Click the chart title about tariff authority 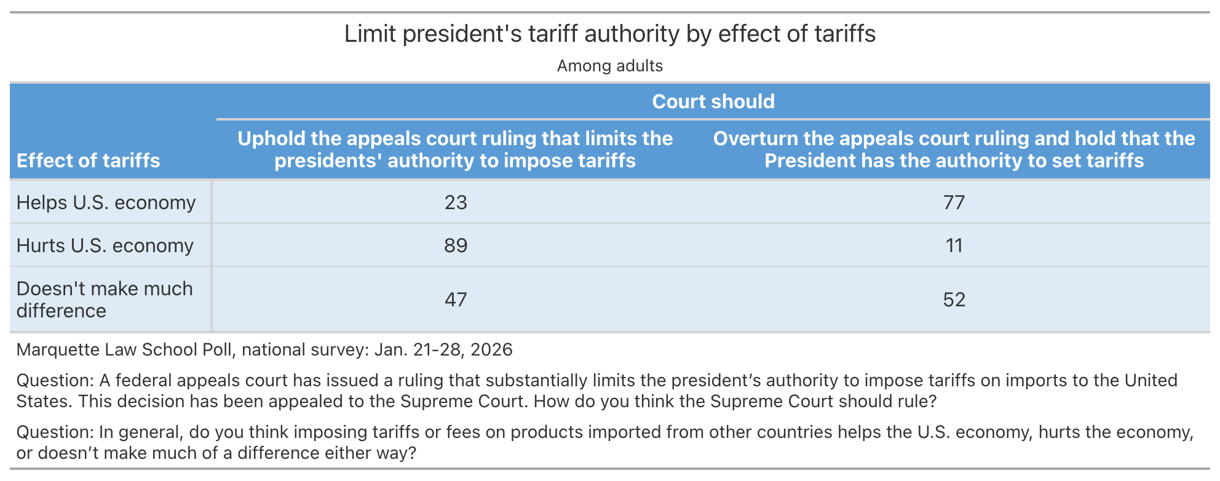(609, 34)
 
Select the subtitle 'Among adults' (609, 66)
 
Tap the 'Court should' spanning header (713, 101)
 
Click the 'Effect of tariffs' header (88, 161)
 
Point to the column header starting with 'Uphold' (455, 149)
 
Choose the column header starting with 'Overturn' (954, 149)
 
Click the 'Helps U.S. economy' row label (106, 202)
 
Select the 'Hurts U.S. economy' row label (105, 245)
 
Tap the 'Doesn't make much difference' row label (105, 300)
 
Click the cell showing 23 (456, 202)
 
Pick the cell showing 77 (954, 202)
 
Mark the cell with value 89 (456, 245)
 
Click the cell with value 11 (954, 245)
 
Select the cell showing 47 (456, 300)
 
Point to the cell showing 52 (954, 300)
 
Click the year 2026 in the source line (491, 349)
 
